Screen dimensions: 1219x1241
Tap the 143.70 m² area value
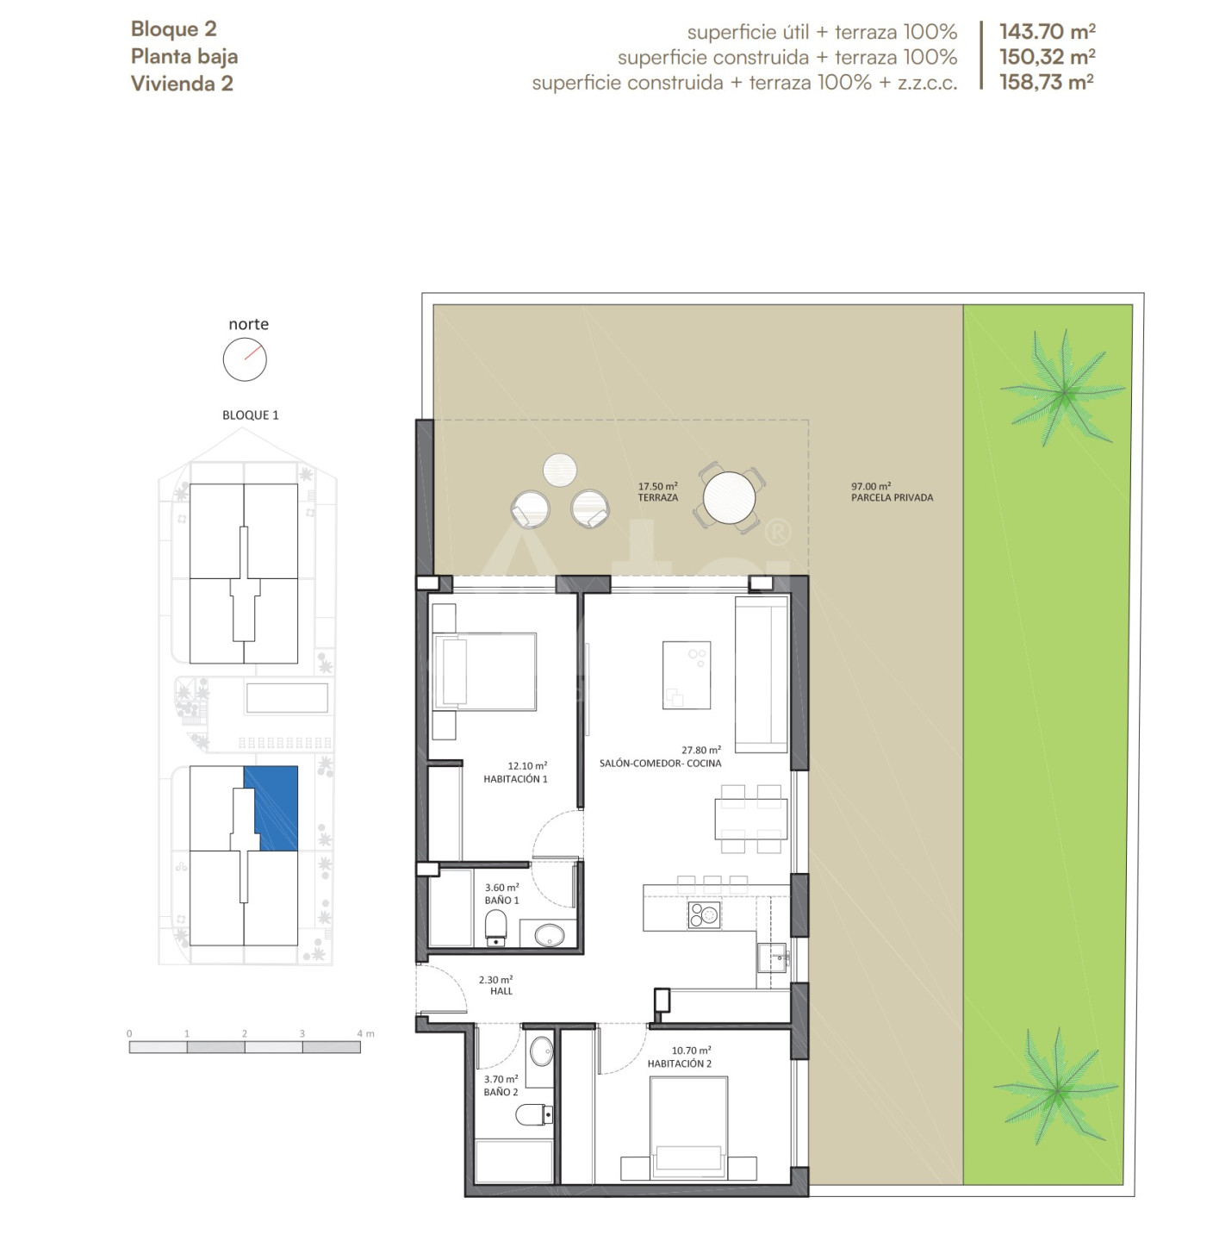pos(1047,32)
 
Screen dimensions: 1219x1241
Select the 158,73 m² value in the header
pos(1047,83)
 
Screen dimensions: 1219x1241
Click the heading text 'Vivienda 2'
pos(182,84)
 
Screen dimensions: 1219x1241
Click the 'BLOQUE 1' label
pos(251,415)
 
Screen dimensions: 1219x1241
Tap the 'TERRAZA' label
pos(657,498)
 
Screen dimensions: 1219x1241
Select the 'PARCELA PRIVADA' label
pos(892,498)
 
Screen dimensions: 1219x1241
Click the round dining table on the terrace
pos(729,498)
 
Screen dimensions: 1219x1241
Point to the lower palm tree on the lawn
pos(1057,1090)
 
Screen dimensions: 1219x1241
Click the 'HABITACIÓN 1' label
pos(515,779)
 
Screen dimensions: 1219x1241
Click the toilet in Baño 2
pos(534,1114)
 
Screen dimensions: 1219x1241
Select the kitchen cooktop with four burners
pos(704,914)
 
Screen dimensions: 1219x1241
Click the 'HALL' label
pos(501,991)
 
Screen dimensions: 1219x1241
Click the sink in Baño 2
pos(541,1051)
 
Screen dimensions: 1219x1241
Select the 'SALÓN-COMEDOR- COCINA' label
pos(660,764)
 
